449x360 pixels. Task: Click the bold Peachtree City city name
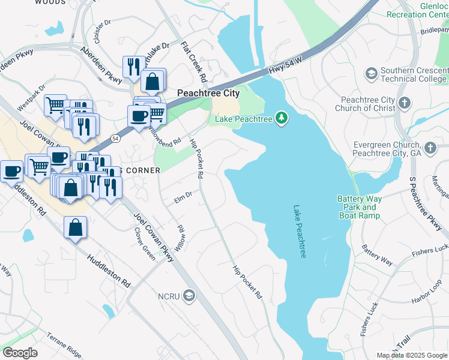pos(208,93)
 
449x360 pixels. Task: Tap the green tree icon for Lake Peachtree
pos(281,118)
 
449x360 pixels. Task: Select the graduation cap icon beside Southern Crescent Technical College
pos(371,73)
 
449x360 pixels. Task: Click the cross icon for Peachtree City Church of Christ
pos(405,103)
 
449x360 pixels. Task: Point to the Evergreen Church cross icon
pos(429,148)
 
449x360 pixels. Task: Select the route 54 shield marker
pos(115,138)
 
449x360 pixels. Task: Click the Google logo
pos(20,353)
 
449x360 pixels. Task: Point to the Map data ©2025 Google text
pos(411,355)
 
